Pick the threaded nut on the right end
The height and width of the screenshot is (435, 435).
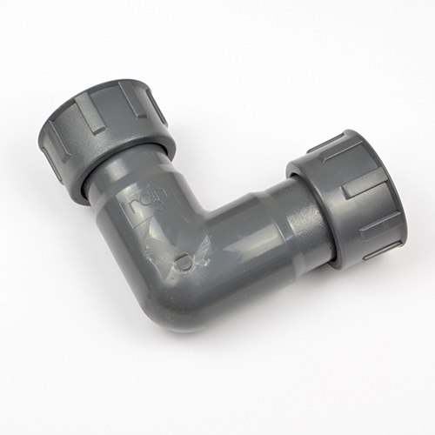(x=348, y=196)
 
